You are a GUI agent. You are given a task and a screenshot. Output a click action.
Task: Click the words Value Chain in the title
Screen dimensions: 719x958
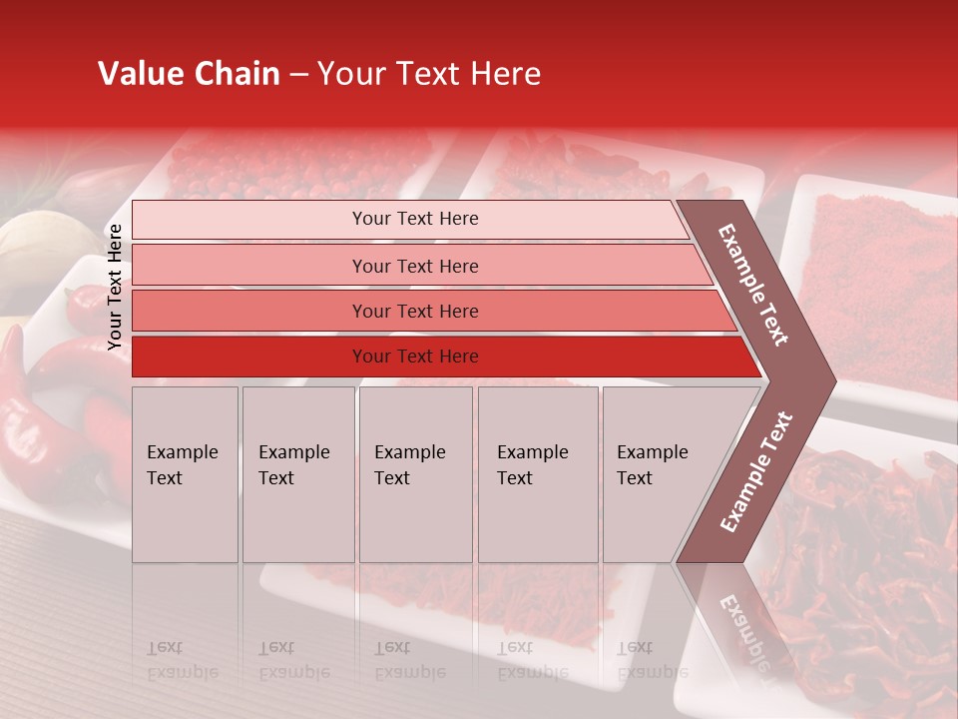click(189, 74)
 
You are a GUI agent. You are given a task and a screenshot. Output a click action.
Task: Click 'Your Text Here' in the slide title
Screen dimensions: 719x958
click(429, 74)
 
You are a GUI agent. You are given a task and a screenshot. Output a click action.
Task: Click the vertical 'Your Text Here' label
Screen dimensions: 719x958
click(116, 287)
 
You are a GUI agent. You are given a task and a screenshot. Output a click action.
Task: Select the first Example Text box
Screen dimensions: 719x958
click(185, 474)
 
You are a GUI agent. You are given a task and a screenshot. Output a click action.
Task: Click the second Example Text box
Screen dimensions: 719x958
click(298, 474)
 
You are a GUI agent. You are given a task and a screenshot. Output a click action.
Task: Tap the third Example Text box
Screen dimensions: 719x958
click(415, 474)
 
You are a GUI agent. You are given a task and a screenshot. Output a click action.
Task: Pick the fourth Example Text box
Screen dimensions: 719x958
click(538, 474)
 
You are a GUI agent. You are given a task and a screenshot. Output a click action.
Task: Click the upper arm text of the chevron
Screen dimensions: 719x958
click(753, 285)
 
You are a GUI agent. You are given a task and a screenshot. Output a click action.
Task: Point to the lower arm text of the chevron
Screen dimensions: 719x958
click(756, 471)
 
